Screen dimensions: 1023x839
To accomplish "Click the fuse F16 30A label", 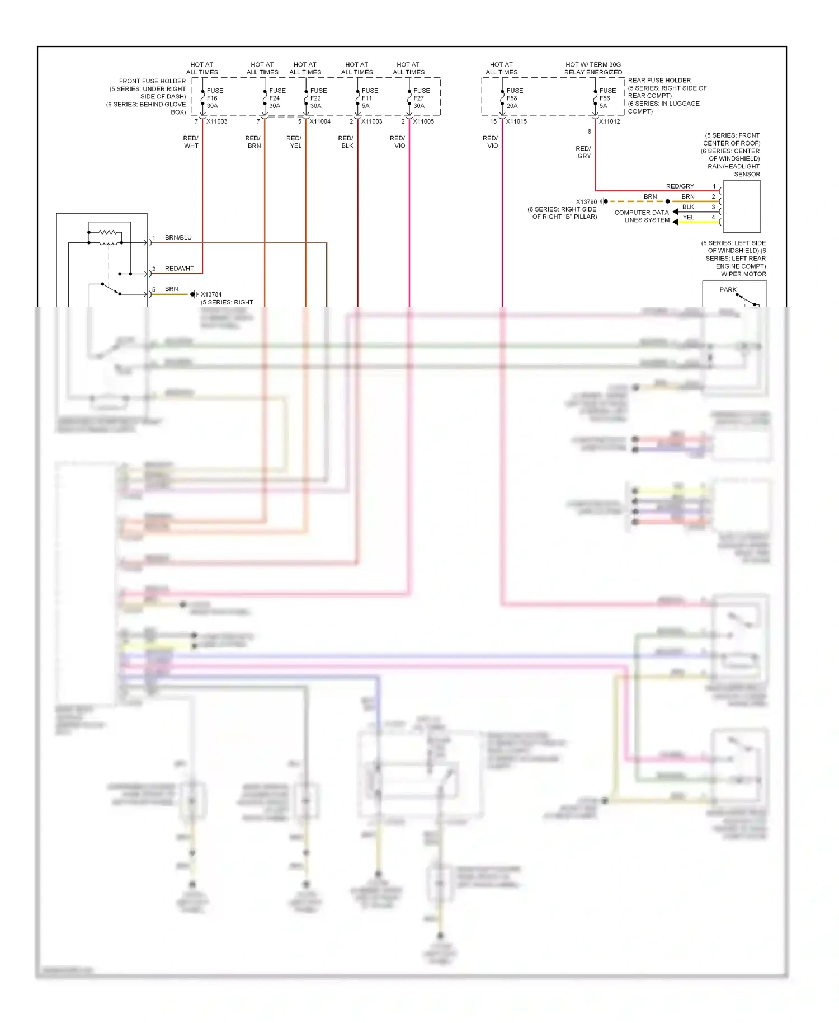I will pyautogui.click(x=214, y=98).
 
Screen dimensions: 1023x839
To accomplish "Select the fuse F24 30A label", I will pyautogui.click(x=276, y=98).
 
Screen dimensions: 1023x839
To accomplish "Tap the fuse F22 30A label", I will pyautogui.click(x=318, y=98).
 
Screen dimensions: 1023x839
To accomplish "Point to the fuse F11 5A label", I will pyautogui.click(x=369, y=98).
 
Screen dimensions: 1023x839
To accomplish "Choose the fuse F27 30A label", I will pyautogui.click(x=421, y=98).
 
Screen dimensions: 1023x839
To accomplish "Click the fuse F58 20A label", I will pyautogui.click(x=514, y=98).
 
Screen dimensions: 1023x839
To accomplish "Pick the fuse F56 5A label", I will pyautogui.click(x=607, y=98).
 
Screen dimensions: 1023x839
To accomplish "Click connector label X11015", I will pyautogui.click(x=516, y=121).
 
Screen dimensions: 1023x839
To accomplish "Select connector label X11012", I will pyautogui.click(x=609, y=121).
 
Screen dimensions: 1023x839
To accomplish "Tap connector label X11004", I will pyautogui.click(x=320, y=121).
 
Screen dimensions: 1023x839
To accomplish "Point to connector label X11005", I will pyautogui.click(x=423, y=121).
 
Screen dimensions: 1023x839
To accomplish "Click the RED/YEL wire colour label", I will pyautogui.click(x=294, y=142).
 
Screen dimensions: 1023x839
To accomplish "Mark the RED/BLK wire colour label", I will pyautogui.click(x=346, y=142).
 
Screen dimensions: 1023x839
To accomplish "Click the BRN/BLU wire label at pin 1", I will pyautogui.click(x=178, y=237).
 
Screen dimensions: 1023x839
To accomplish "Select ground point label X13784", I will pyautogui.click(x=211, y=294).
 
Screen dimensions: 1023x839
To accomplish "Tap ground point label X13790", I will pyautogui.click(x=586, y=202).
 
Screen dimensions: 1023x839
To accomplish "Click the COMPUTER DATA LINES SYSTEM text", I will pyautogui.click(x=642, y=216).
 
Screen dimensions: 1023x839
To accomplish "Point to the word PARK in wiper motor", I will pyautogui.click(x=727, y=289).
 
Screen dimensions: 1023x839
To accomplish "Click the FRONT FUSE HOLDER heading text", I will pyautogui.click(x=152, y=81).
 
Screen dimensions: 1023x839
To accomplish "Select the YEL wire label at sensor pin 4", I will pyautogui.click(x=688, y=217).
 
